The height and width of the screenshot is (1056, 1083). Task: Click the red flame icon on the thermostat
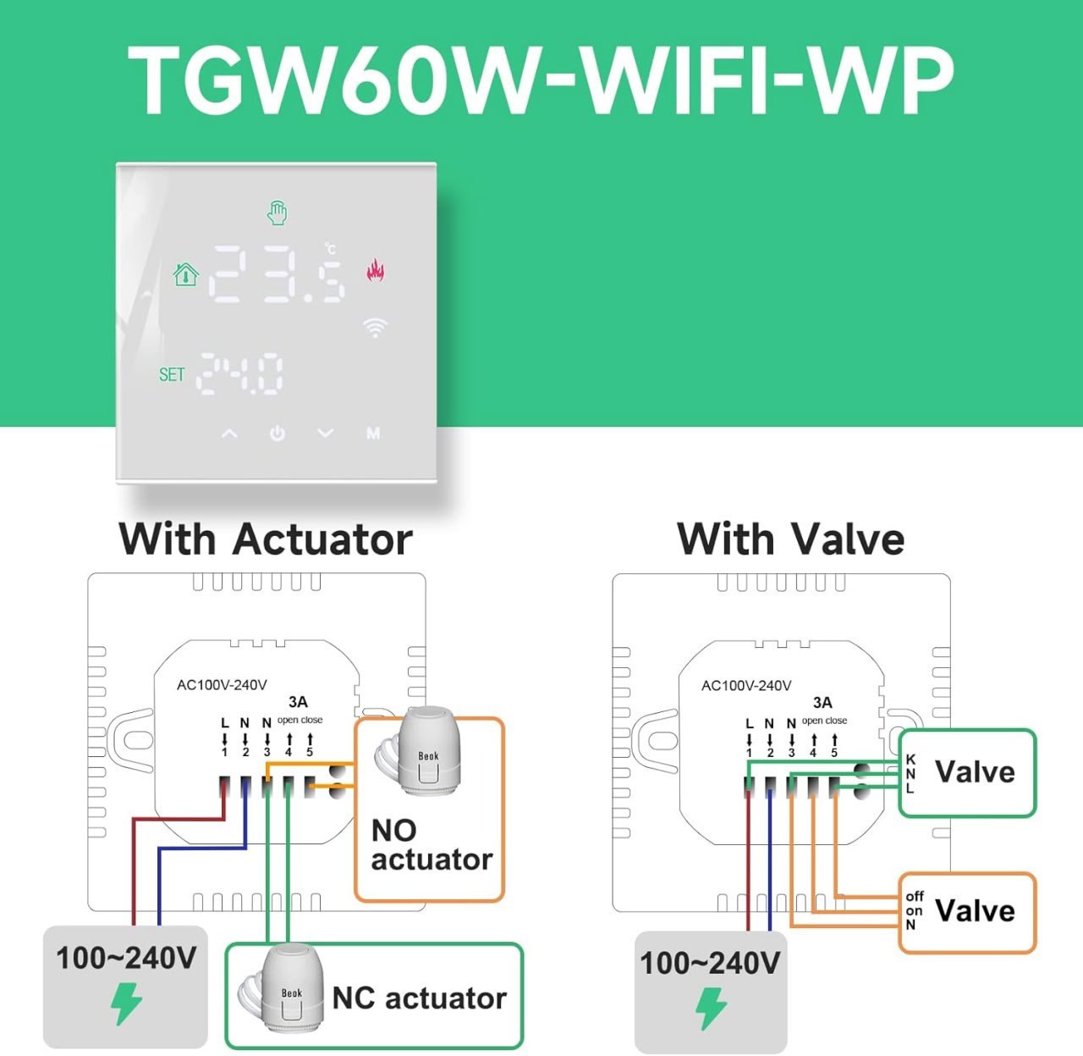[x=375, y=270]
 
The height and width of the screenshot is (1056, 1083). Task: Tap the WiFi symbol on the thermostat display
[x=376, y=328]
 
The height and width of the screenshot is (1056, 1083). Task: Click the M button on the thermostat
[x=373, y=434]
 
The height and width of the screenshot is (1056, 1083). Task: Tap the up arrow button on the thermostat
[x=229, y=434]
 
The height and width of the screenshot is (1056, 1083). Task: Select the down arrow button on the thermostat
[x=326, y=434]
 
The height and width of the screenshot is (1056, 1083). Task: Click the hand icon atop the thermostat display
[x=278, y=213]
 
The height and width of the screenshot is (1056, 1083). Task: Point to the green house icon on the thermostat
[x=186, y=274]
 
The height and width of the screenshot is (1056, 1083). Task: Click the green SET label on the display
[x=172, y=374]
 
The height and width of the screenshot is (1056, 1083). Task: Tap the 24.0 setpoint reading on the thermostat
[x=240, y=373]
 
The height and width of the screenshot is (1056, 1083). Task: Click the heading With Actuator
[x=266, y=539]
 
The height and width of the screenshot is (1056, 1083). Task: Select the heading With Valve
[x=791, y=539]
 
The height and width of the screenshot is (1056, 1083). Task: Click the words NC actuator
[x=419, y=998]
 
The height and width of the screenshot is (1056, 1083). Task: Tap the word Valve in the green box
[x=975, y=772]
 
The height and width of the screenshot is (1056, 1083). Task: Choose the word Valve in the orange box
[x=975, y=910]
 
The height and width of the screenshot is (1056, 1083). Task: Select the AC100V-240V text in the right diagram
[x=746, y=686]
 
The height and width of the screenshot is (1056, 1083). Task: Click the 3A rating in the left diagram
[x=299, y=702]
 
